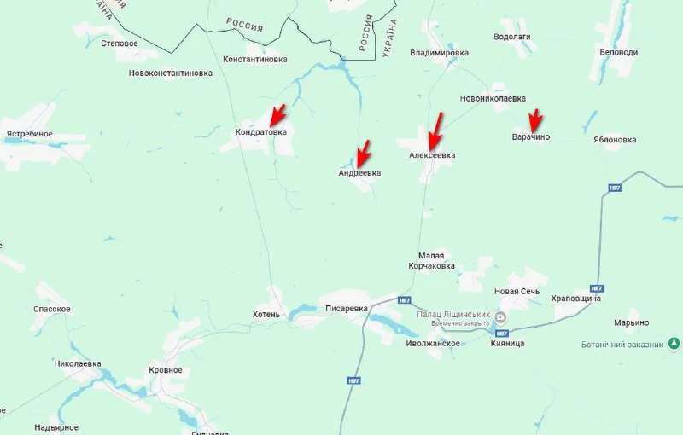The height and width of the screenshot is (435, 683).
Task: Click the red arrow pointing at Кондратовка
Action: coord(276,114)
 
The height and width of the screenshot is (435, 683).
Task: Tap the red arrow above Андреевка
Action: coord(363,152)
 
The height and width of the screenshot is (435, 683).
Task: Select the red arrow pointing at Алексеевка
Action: coord(435,130)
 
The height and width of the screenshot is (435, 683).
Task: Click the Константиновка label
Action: coord(254,60)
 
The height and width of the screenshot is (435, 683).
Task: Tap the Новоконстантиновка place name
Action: coord(171,73)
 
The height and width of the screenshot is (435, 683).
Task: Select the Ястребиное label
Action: coord(30,134)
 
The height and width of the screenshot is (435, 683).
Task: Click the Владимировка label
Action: coord(439,53)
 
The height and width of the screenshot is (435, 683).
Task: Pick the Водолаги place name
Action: coord(512,36)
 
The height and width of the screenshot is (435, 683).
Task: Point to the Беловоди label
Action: coord(619,52)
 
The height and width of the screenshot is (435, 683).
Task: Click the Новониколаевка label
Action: coord(493,98)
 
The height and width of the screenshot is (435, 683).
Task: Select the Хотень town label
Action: coord(266,314)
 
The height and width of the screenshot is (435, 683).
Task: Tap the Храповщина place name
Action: coord(576,299)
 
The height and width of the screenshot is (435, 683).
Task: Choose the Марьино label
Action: coord(631,322)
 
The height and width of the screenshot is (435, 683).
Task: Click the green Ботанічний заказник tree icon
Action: coord(674,344)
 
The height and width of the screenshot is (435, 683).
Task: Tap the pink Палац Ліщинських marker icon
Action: coord(501,315)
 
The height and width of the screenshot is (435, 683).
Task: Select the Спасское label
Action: coord(52,309)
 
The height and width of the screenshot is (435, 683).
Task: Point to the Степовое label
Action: coord(120,43)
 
